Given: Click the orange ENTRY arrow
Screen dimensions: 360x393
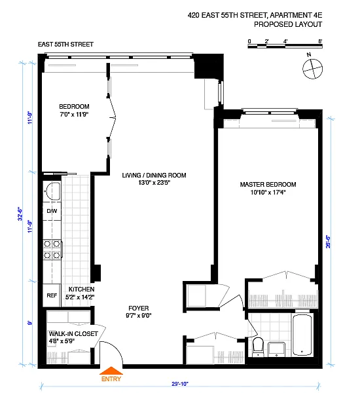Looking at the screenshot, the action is point(111,371).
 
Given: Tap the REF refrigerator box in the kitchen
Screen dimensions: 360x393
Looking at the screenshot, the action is point(52,295).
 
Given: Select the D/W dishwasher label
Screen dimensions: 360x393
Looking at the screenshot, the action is point(52,211).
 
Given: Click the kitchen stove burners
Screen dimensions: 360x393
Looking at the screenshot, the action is point(52,250).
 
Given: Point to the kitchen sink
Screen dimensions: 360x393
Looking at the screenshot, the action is point(52,191).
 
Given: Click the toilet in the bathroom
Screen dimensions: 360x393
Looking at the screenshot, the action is point(258,346).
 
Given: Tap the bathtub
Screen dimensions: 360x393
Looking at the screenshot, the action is point(302,335).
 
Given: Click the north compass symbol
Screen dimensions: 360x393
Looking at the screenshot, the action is point(312,67).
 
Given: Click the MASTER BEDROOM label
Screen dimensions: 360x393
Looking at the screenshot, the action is point(268,185).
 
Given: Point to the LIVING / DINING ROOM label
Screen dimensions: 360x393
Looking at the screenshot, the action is point(154,175).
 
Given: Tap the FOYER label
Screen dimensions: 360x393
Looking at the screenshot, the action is point(139,308).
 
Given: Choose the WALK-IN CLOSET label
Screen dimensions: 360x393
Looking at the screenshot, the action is point(73,333).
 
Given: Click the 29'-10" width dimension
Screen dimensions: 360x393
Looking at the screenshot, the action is point(180,384).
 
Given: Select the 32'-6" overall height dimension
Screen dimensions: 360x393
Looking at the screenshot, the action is point(20,214).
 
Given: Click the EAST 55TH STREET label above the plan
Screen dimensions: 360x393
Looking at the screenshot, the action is point(65,45).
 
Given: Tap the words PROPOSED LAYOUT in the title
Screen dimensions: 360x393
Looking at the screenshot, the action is point(288,24).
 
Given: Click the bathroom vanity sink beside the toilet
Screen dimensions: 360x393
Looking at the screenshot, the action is point(276,349).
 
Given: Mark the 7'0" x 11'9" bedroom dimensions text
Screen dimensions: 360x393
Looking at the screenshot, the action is point(74,115).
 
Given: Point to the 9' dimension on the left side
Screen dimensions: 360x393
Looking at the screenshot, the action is point(30,323).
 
